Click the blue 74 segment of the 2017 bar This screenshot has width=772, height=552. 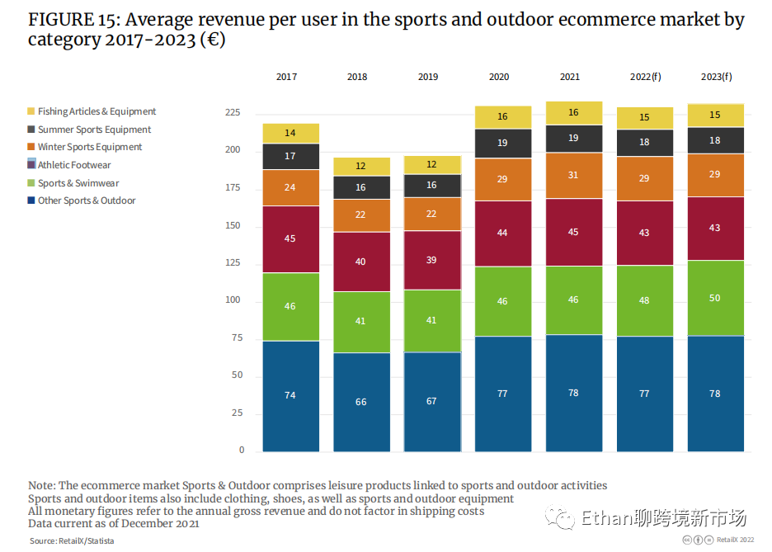[290, 395]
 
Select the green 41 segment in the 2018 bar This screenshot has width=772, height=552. [361, 321]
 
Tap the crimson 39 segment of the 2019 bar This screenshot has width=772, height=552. [432, 259]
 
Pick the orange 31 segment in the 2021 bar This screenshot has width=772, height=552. [574, 175]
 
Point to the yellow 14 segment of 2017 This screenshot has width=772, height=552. [290, 133]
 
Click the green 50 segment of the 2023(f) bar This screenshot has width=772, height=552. [715, 298]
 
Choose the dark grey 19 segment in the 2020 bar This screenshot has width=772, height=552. [503, 143]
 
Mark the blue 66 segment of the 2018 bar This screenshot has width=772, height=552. [361, 402]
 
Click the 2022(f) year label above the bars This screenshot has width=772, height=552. [645, 77]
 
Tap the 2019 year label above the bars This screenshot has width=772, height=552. [428, 77]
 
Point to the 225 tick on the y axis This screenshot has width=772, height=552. [234, 112]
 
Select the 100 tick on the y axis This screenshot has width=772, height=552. [234, 300]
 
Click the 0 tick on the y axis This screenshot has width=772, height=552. [241, 451]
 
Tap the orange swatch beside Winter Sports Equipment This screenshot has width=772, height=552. [31, 147]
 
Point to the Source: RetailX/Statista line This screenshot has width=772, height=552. [72, 540]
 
